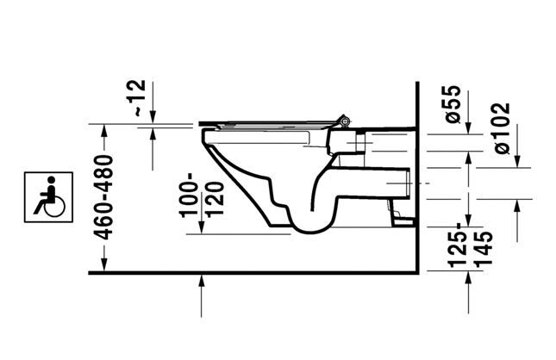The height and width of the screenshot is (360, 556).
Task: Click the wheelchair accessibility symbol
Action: (48, 197)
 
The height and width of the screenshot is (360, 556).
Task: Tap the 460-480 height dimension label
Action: (103, 197)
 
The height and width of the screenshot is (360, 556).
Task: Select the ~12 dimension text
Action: (139, 98)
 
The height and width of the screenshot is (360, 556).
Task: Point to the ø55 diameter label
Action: (453, 104)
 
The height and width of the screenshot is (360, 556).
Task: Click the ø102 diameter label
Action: (503, 128)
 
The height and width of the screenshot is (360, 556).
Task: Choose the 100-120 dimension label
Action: (202, 195)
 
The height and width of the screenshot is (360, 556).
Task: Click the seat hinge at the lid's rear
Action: (344, 121)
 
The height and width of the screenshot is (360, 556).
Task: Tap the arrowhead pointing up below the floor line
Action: (202, 281)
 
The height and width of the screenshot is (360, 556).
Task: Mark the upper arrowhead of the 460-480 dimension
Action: (104, 130)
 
